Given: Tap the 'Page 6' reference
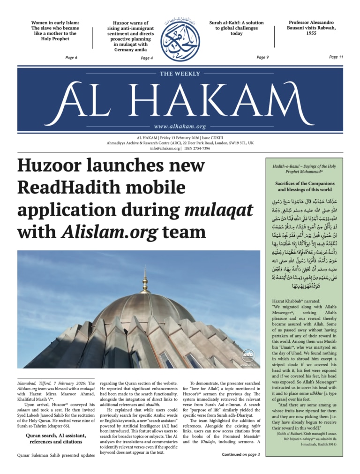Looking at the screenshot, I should point(71,57).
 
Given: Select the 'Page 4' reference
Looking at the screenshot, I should point(147,58).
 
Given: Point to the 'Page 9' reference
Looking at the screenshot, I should point(262,57).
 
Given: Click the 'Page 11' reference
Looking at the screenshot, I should point(336,57).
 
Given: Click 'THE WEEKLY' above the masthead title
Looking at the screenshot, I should point(180,74).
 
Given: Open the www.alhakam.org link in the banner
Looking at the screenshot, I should point(180,127).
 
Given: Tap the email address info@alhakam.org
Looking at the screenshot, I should point(165,148).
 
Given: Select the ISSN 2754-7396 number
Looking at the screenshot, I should point(197,148).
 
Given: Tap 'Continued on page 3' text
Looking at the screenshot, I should point(240,454).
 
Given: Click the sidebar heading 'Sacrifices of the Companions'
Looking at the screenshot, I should point(304,183).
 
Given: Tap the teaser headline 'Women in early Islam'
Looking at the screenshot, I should point(55,30).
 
